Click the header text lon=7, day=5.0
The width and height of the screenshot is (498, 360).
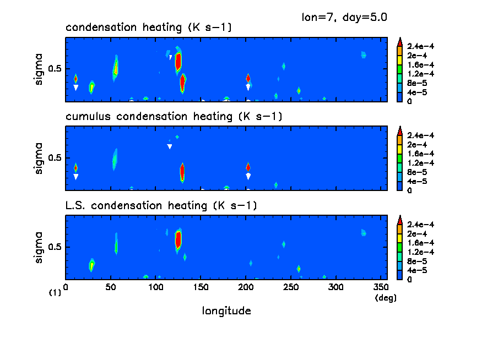click(344, 17)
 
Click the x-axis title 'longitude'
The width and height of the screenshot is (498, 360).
click(226, 311)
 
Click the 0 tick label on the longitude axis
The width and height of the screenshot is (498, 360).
click(66, 287)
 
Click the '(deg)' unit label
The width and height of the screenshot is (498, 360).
click(386, 297)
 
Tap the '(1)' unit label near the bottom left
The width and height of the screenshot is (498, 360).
click(55, 293)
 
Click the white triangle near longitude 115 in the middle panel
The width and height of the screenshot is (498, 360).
click(170, 146)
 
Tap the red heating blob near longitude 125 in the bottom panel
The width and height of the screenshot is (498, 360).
click(178, 239)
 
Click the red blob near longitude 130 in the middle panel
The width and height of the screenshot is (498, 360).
click(182, 172)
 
